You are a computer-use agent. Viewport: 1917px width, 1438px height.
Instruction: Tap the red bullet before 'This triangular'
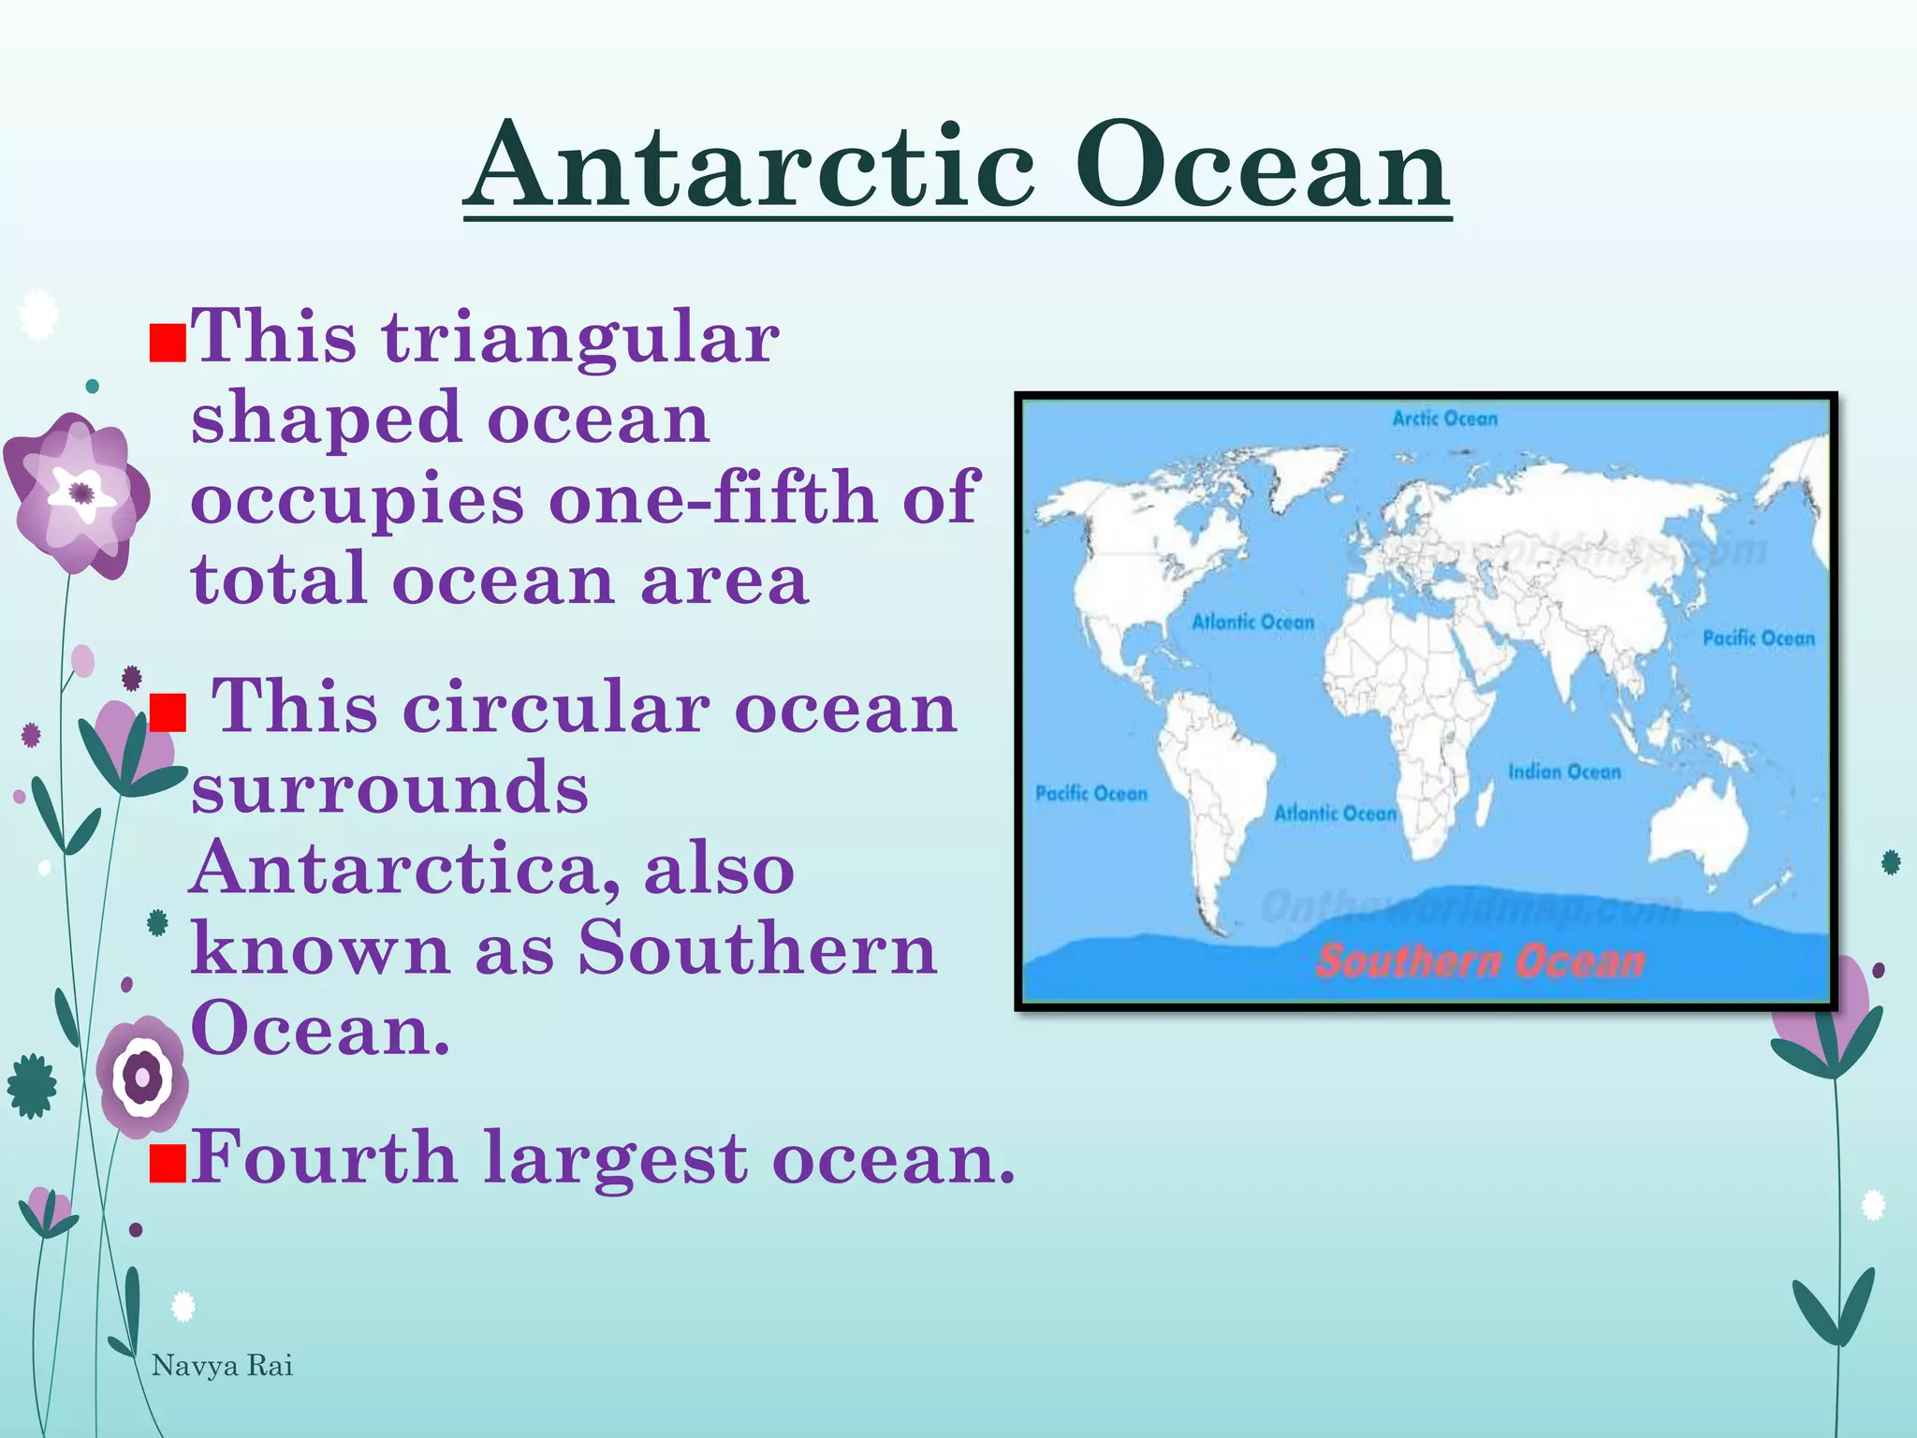click(x=168, y=344)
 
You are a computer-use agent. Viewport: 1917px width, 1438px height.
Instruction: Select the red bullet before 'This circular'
click(x=168, y=712)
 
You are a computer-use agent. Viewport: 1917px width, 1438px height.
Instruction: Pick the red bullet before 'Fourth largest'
click(x=168, y=1164)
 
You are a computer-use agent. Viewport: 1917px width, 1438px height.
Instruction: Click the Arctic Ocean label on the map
click(x=1444, y=419)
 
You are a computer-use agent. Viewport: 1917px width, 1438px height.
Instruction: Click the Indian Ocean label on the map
click(x=1563, y=772)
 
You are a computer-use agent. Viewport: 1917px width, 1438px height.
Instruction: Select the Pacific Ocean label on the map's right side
click(x=1758, y=638)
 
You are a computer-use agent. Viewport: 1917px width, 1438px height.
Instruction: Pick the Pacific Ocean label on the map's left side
click(x=1090, y=794)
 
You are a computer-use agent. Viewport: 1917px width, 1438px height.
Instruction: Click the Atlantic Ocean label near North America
click(x=1252, y=623)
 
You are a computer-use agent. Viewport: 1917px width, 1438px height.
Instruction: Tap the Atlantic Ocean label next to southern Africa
click(x=1335, y=814)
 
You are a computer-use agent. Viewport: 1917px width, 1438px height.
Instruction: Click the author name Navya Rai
click(x=222, y=1366)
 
